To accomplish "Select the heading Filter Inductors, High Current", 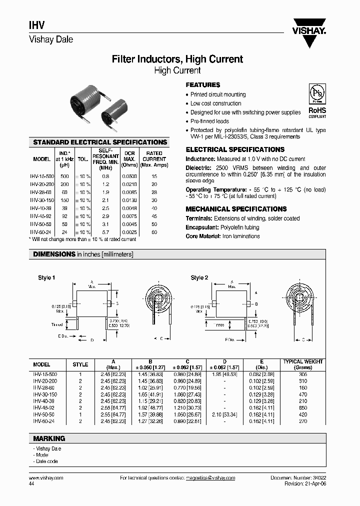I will (x=177, y=59).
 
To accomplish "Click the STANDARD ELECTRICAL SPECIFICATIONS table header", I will (x=100, y=142).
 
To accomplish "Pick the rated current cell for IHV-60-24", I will (x=154, y=232).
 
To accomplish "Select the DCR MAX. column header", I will (x=129, y=159).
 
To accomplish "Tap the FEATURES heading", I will (x=203, y=85).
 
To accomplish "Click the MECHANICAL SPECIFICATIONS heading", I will (x=236, y=209).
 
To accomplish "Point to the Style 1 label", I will (x=46, y=277).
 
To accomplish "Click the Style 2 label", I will (x=199, y=277).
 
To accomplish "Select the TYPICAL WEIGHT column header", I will (x=303, y=363).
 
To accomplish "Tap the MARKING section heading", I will (x=49, y=438).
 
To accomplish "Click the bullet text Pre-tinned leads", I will (x=210, y=121).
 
